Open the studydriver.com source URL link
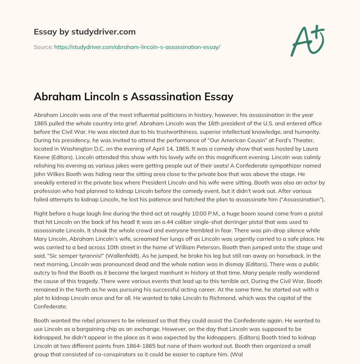[x=137, y=47]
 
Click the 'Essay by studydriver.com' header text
[x=84, y=32]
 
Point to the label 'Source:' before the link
[x=43, y=47]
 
